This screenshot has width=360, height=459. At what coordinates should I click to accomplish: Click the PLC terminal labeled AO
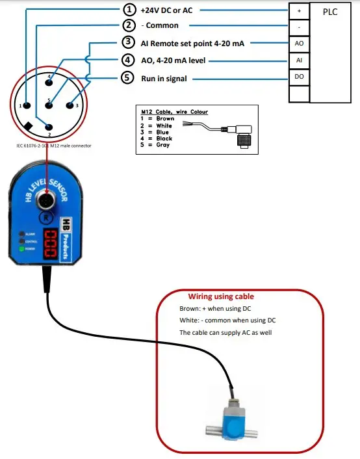click(x=300, y=43)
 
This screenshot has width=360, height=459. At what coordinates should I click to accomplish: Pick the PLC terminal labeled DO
click(x=300, y=77)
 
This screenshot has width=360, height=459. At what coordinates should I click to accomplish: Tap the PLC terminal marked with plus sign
click(x=300, y=11)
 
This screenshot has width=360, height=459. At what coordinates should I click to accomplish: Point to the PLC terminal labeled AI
click(x=300, y=60)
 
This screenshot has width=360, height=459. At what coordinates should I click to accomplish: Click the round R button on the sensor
click(x=48, y=216)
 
